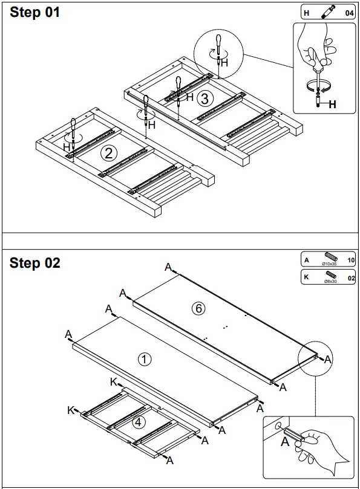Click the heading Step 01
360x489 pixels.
[35, 13]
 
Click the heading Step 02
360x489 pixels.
[35, 263]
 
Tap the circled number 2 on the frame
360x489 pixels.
[109, 154]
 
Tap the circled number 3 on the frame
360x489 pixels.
[205, 97]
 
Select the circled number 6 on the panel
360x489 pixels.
[198, 309]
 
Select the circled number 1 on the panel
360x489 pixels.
[145, 359]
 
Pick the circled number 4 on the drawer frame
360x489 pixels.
[139, 423]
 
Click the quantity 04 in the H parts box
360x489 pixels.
[349, 12]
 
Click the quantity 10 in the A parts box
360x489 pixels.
[350, 261]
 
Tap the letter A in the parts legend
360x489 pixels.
[307, 261]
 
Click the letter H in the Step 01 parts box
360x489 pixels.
[306, 12]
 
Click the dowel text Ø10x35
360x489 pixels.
[329, 264]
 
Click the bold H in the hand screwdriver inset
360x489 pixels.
[332, 104]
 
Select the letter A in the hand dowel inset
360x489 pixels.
[284, 441]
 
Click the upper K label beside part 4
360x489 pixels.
[113, 381]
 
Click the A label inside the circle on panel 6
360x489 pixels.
[328, 359]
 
